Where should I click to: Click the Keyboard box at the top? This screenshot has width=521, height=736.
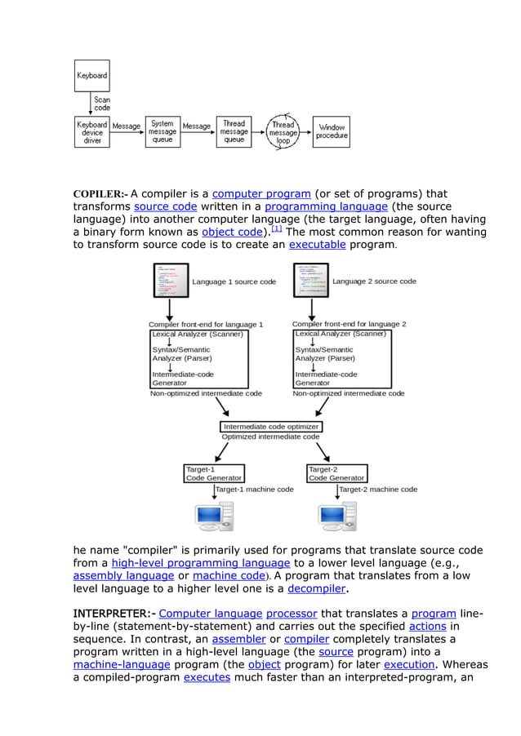(92, 76)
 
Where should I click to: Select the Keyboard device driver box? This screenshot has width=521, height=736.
(92, 132)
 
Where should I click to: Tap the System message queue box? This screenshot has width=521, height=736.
(161, 132)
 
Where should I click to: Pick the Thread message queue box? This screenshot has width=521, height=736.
(234, 132)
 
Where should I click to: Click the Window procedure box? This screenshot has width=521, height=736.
(332, 132)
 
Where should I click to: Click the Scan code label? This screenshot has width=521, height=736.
(102, 104)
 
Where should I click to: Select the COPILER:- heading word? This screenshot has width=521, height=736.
(100, 194)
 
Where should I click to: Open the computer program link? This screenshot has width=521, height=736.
(260, 194)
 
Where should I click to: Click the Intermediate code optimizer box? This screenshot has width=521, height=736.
(272, 427)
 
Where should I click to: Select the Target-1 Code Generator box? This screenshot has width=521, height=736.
(214, 473)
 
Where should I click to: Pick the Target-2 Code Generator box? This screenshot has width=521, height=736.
(336, 473)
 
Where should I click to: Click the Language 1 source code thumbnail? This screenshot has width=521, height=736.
(169, 282)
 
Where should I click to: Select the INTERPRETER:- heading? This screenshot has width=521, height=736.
(114, 614)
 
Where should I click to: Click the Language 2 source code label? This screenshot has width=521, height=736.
(374, 282)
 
